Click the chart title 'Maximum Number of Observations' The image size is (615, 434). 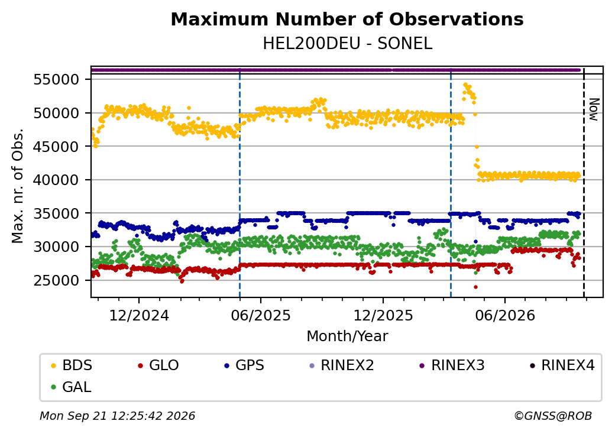tap(347, 19)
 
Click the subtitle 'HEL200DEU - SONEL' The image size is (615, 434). tap(347, 44)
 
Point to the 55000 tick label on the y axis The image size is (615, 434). tap(57, 80)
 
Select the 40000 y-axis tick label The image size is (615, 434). tap(57, 180)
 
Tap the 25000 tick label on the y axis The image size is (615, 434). tap(57, 280)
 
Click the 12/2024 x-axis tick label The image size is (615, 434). tap(139, 315)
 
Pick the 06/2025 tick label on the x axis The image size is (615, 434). tap(261, 315)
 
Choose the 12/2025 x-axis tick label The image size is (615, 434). tap(383, 315)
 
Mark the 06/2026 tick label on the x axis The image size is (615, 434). tap(505, 315)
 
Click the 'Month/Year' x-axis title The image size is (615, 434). tap(347, 336)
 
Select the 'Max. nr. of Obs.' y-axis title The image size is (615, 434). tap(18, 186)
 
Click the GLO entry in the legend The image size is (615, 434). tap(158, 365)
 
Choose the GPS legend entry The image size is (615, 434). tap(244, 365)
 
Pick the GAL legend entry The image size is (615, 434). tap(72, 387)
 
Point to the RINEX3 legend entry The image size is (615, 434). tap(452, 365)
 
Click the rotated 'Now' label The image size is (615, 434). tap(594, 109)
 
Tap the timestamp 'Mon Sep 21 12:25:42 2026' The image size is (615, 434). tap(118, 416)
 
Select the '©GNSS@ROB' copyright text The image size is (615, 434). tap(553, 416)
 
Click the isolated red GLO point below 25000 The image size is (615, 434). tap(476, 287)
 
